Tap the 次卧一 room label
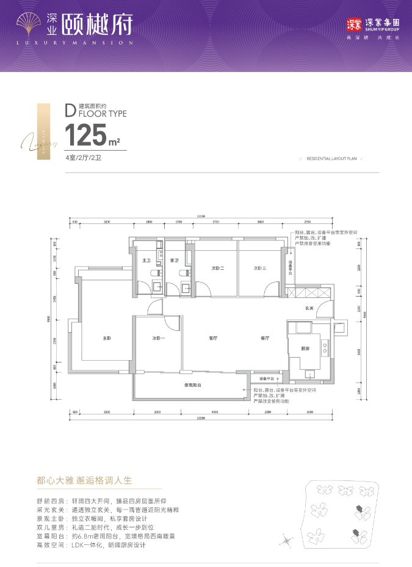click(x=159, y=338)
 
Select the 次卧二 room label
click(x=219, y=268)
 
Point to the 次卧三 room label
click(x=261, y=268)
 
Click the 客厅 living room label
click(x=213, y=338)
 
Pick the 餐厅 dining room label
click(x=265, y=338)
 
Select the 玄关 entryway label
click(x=309, y=308)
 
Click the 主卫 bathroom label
click(x=146, y=261)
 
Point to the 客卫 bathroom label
click(x=173, y=261)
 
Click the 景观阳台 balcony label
click(x=193, y=385)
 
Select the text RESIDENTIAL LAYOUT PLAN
click(x=331, y=158)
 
